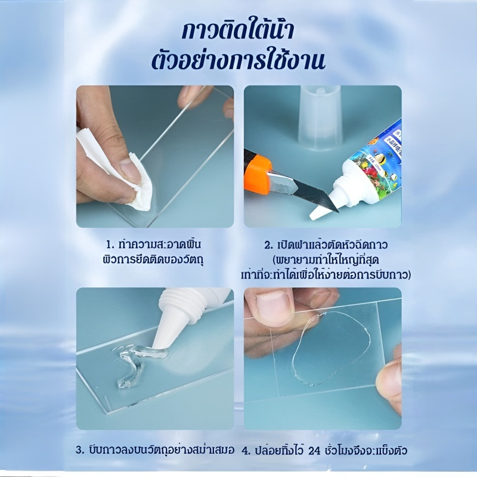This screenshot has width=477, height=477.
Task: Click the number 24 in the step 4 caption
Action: click(x=315, y=450)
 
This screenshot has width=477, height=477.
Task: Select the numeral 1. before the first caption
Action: click(x=110, y=244)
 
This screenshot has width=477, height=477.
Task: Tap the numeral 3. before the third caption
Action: click(x=80, y=451)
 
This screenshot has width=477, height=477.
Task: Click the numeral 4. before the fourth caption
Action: click(x=246, y=451)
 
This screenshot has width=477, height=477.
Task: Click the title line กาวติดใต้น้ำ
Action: click(x=238, y=32)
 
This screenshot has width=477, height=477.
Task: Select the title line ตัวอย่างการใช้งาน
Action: click(x=238, y=60)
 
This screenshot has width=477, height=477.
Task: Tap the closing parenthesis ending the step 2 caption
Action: click(x=408, y=275)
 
